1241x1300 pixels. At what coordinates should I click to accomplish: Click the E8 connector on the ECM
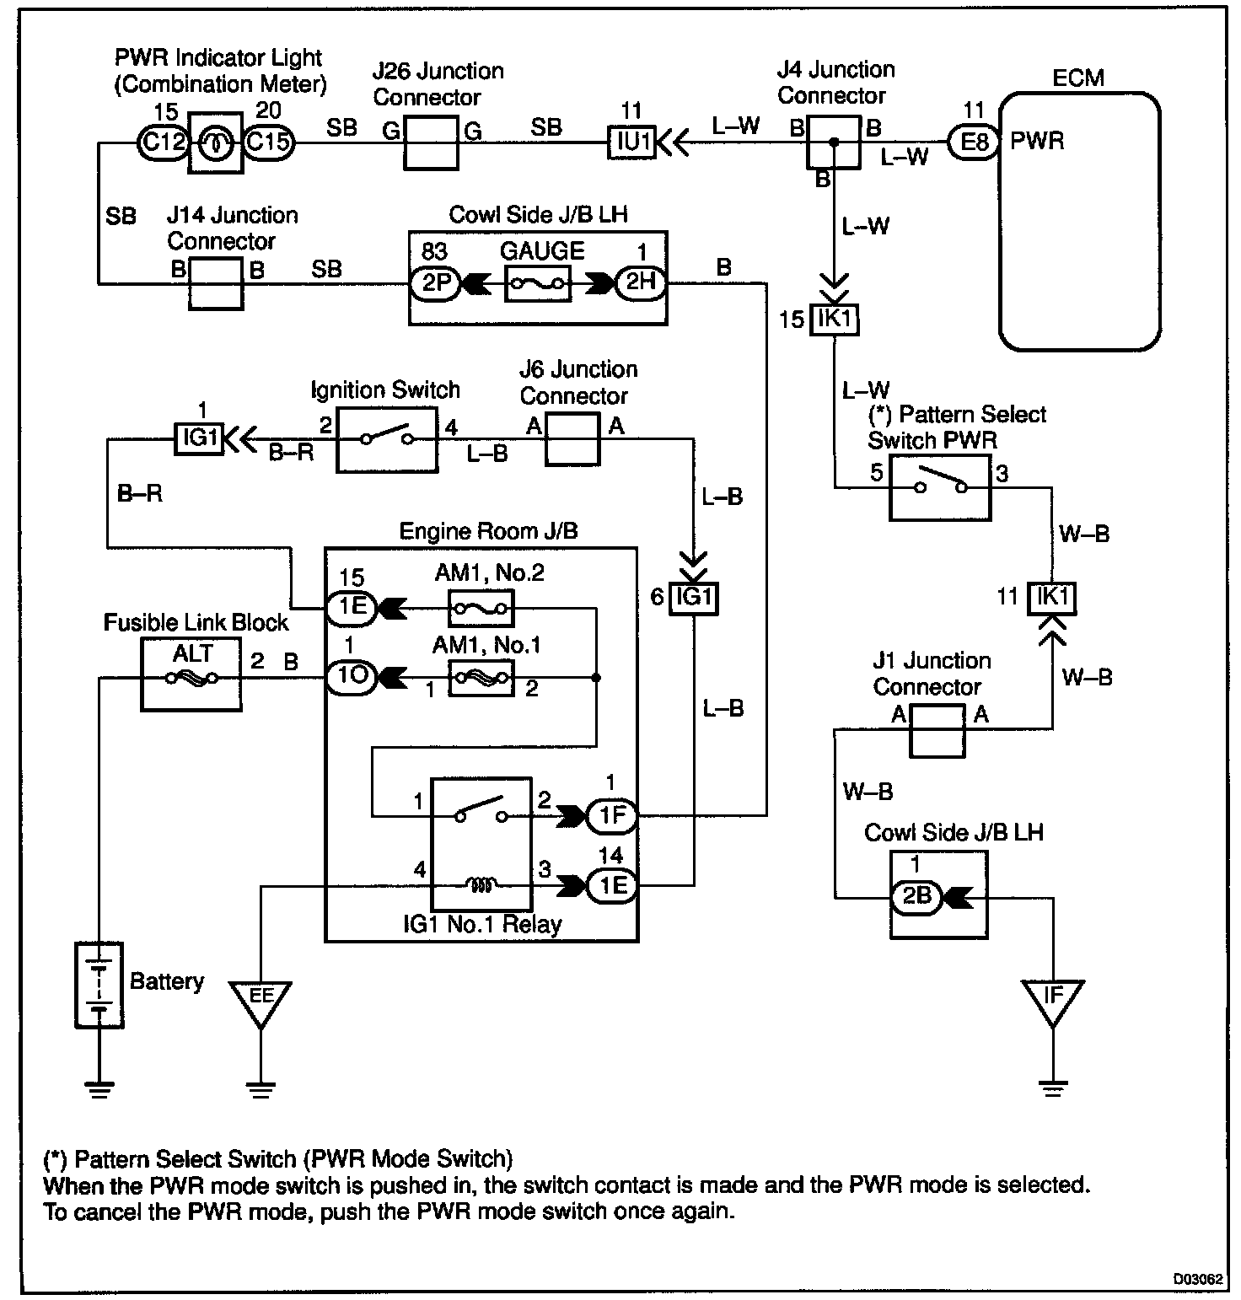(x=974, y=141)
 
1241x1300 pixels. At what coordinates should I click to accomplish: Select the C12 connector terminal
(x=162, y=142)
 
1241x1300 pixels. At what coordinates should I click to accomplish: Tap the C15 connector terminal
(x=269, y=142)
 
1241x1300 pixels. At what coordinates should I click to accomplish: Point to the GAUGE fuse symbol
(x=537, y=284)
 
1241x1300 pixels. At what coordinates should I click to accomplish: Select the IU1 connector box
(x=631, y=142)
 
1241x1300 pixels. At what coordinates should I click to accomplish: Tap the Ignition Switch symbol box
(x=387, y=439)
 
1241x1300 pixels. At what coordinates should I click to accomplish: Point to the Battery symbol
(x=99, y=982)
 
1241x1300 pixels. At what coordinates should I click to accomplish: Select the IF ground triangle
(x=1052, y=999)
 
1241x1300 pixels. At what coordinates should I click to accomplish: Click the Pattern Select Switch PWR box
(x=940, y=487)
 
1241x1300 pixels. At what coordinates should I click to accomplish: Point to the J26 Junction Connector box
(x=431, y=142)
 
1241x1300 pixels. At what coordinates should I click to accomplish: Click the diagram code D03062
(x=1198, y=1278)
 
